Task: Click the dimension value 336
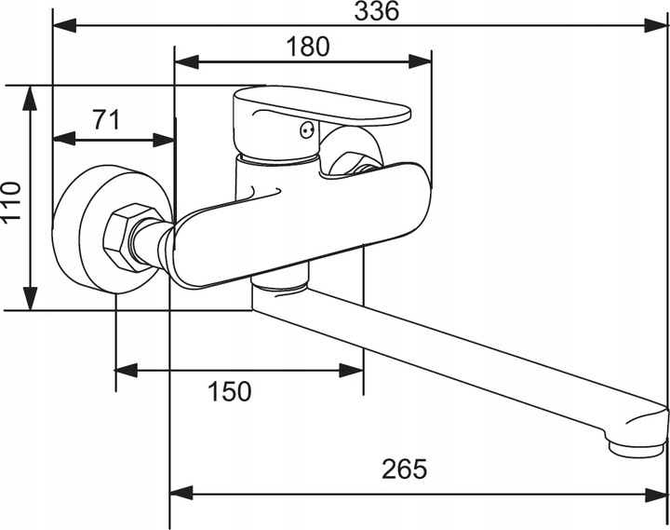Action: (377, 10)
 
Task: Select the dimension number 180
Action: (308, 47)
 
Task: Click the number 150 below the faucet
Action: (230, 391)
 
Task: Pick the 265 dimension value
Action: (404, 469)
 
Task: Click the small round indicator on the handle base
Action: (307, 129)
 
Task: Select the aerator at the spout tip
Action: (636, 448)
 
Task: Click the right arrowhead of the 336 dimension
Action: (657, 26)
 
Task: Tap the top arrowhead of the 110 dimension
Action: (30, 99)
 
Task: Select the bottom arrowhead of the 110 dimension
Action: (30, 298)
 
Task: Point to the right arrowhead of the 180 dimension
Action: (420, 61)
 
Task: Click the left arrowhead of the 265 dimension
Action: (182, 493)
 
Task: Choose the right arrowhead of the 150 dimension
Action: (351, 371)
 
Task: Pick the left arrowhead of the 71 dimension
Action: (65, 140)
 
